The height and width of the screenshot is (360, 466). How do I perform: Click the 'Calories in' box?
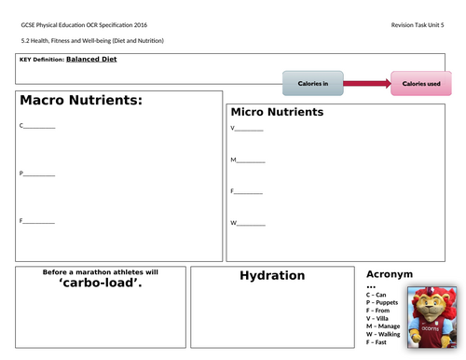pos(312,84)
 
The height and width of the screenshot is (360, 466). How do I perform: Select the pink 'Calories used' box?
pos(420,84)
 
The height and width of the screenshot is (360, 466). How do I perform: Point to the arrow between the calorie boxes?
pos(367,84)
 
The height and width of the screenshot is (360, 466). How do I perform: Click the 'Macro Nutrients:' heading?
pos(80,101)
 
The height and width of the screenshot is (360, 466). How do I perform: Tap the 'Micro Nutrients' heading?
pos(277,112)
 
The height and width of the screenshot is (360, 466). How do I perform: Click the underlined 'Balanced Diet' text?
pos(91,59)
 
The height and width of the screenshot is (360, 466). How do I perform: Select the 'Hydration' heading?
pos(272,275)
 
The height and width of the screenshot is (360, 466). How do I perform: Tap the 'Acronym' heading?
pos(390,274)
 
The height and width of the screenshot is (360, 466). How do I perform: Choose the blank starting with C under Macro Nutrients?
pos(37,125)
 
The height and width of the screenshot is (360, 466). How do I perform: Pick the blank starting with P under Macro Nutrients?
pos(37,173)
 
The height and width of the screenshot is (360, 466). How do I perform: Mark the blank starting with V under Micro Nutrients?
pos(247,129)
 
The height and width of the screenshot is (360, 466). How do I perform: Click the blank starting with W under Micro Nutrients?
pos(248,224)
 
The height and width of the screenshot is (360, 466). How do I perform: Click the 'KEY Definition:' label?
pos(41,60)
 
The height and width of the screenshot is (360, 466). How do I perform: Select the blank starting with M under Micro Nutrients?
pos(248,160)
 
